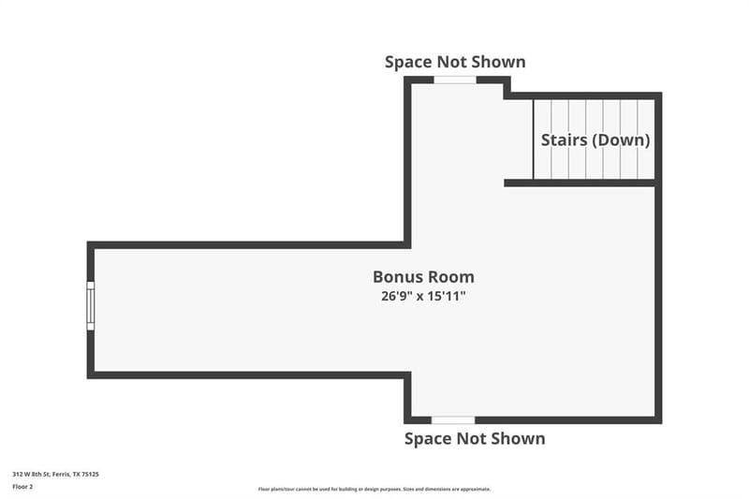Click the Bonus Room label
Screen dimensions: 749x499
423,277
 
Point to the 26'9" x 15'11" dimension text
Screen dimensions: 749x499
423,296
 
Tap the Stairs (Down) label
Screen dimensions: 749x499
595,139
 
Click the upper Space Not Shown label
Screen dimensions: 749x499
455,62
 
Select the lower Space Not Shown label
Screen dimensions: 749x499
475,439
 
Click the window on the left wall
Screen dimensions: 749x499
90,305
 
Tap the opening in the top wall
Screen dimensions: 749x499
455,80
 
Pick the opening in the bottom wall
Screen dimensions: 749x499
453,420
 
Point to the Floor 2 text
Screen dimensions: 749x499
22,487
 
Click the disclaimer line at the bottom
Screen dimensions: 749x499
374,489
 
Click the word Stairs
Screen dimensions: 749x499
565,139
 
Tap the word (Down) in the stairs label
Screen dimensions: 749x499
622,139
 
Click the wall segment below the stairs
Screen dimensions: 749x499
580,183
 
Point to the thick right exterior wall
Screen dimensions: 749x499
658,257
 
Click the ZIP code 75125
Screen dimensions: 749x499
90,474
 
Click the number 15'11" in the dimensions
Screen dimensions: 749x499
447,296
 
